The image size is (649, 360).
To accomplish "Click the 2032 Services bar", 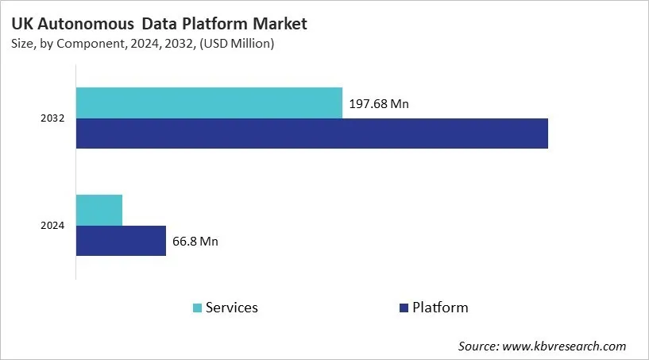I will [x=209, y=103].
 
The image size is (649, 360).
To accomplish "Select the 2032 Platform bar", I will [x=312, y=134].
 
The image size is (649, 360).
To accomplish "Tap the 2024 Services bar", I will [x=99, y=210].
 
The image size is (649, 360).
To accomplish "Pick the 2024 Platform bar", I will [x=121, y=241].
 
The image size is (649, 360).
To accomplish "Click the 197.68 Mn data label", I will [x=379, y=104].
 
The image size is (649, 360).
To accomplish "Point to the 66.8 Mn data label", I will [x=195, y=242].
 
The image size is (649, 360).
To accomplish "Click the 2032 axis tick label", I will [x=52, y=118].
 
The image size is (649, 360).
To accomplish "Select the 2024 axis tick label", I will [x=52, y=226].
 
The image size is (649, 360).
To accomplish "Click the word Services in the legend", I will [x=231, y=308].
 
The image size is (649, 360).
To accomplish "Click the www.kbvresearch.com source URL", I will [x=565, y=346].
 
